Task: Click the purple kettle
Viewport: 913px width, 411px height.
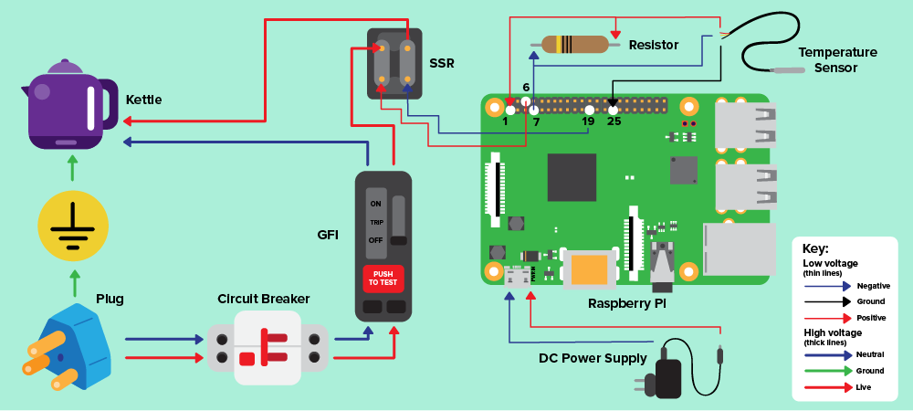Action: tap(64, 105)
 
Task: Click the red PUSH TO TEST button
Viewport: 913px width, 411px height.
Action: tap(383, 278)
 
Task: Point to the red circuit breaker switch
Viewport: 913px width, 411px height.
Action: tap(265, 348)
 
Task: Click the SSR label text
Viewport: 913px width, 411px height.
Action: tap(442, 64)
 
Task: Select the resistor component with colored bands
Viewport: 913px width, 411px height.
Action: tap(574, 44)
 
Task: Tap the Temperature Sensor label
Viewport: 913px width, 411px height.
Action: tap(837, 60)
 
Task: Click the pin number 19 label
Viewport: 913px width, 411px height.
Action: tap(588, 121)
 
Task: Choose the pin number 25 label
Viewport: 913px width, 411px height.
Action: tap(614, 121)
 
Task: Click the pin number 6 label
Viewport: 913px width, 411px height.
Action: tap(526, 88)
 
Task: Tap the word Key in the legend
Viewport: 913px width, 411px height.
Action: tap(815, 248)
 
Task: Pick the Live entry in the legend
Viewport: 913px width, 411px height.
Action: tap(864, 387)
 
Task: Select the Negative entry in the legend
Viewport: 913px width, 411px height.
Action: tap(873, 286)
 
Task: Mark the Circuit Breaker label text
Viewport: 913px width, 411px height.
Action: tap(264, 299)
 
